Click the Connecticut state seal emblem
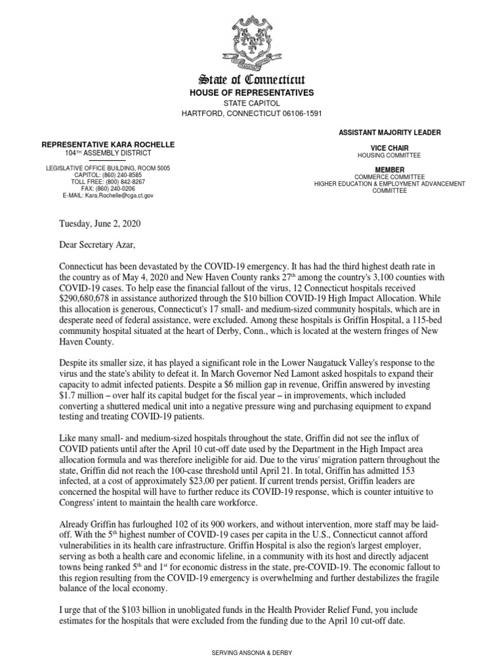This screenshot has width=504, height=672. tap(252, 43)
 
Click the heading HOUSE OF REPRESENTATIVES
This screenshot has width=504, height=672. tap(252, 93)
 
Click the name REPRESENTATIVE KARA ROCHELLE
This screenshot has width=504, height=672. tap(108, 144)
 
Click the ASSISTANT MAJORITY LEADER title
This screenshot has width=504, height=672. tap(390, 133)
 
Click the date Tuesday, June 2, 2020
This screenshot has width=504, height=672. tap(100, 223)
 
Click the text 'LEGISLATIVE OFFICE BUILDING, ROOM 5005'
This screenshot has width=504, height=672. tap(108, 169)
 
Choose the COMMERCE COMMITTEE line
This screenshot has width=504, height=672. tap(390, 177)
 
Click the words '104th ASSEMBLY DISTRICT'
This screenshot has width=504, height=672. tap(108, 152)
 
